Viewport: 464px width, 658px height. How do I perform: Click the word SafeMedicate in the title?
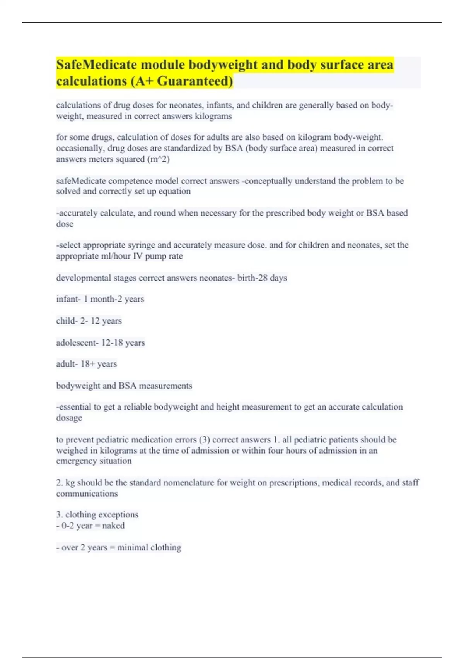(x=94, y=64)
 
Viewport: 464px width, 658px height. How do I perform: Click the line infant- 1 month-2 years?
(x=100, y=299)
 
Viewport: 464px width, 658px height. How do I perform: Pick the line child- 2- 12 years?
(x=89, y=320)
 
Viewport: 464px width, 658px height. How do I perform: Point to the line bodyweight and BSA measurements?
(x=124, y=386)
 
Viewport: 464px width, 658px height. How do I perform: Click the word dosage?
(x=69, y=418)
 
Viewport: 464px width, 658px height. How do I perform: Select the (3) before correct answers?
(x=204, y=440)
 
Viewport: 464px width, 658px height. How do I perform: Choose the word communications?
(x=87, y=494)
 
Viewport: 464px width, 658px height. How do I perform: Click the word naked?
(x=113, y=526)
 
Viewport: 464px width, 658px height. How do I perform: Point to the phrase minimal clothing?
(x=149, y=547)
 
